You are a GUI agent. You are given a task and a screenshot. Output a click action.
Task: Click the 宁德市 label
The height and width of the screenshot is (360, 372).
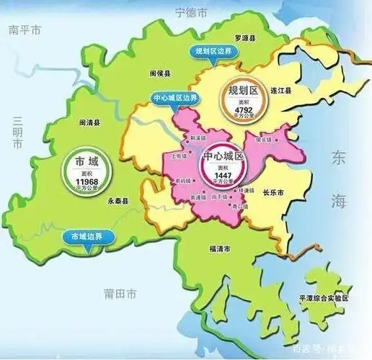(191, 12)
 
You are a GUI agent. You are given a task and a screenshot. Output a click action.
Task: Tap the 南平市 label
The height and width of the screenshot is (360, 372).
(24, 30)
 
